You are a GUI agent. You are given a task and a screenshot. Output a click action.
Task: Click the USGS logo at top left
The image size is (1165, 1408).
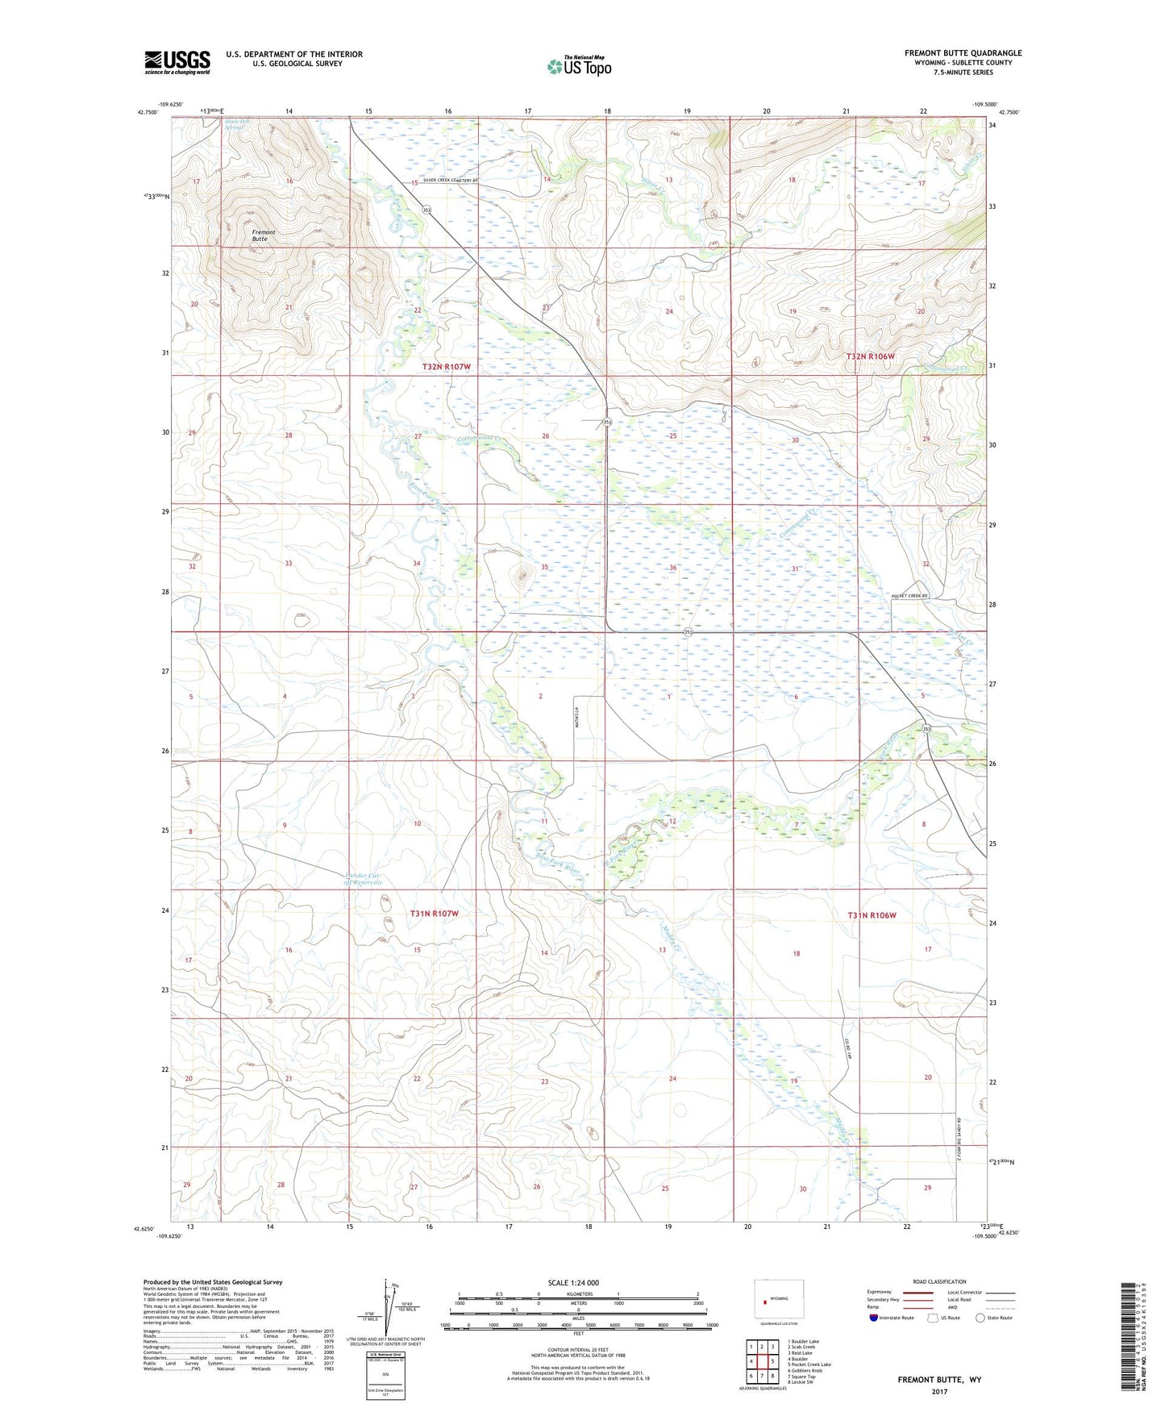pyautogui.click(x=177, y=62)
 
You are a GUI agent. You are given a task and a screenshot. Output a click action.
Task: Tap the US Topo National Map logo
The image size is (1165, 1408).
pyautogui.click(x=578, y=66)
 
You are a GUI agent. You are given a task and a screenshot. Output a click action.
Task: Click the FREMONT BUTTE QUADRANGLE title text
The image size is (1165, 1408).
pyautogui.click(x=963, y=53)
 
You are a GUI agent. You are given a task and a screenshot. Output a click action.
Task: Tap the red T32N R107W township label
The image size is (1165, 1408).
pyautogui.click(x=446, y=367)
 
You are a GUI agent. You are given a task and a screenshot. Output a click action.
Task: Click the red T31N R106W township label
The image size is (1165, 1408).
pyautogui.click(x=872, y=915)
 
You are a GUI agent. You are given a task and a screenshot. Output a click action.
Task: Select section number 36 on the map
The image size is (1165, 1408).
pyautogui.click(x=672, y=568)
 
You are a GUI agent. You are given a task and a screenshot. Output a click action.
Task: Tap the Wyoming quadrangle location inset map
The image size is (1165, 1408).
pyautogui.click(x=778, y=1300)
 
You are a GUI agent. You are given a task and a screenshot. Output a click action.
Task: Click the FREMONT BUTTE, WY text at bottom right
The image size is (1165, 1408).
pyautogui.click(x=939, y=1380)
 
